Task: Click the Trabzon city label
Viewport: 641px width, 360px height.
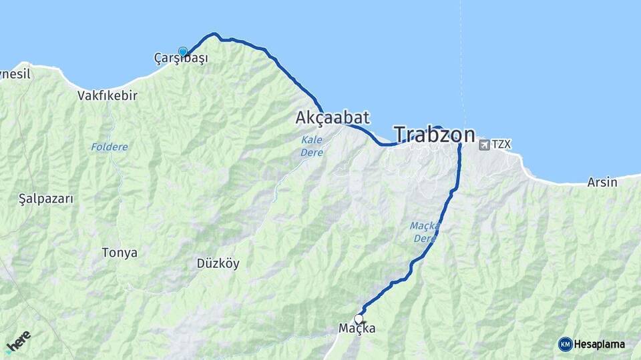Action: click(x=434, y=135)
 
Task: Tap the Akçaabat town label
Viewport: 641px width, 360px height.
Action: click(x=332, y=118)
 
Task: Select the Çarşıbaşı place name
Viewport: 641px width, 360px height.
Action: click(x=181, y=59)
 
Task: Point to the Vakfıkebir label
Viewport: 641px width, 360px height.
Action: click(x=108, y=95)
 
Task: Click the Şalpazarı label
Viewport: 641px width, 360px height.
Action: click(x=45, y=199)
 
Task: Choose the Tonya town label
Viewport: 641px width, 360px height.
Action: click(x=120, y=253)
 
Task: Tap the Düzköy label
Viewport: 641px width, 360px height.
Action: click(x=218, y=263)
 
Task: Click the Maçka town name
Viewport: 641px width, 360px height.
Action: click(x=357, y=329)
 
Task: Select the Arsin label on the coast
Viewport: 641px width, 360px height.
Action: click(x=602, y=182)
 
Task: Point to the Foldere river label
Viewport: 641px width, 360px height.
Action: click(x=109, y=147)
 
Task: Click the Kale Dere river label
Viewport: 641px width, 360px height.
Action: click(x=312, y=147)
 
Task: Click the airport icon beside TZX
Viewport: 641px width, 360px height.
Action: click(x=484, y=144)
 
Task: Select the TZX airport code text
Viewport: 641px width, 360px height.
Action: click(x=501, y=144)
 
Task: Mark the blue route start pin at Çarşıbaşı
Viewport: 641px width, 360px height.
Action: click(x=183, y=51)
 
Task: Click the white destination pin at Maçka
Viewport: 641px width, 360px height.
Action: click(x=359, y=319)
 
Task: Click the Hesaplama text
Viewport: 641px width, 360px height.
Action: click(x=600, y=345)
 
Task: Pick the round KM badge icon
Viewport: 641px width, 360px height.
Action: click(x=566, y=345)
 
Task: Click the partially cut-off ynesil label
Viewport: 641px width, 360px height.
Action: click(x=15, y=74)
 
